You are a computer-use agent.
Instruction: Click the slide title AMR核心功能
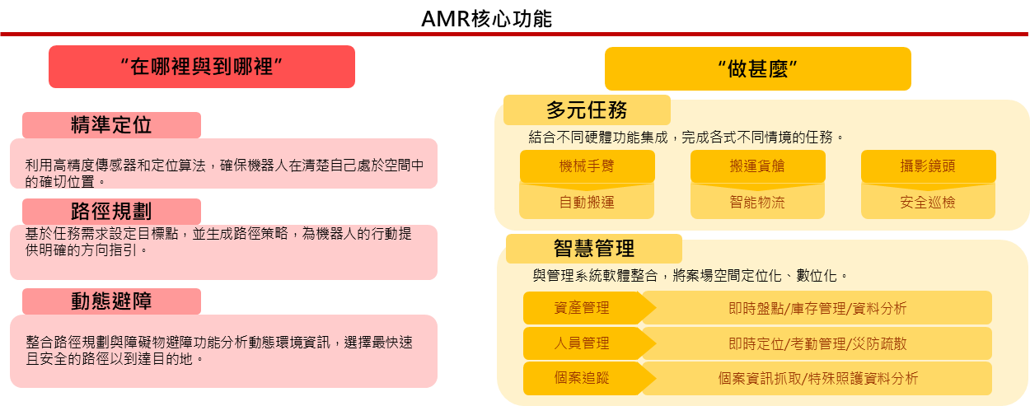click(x=486, y=17)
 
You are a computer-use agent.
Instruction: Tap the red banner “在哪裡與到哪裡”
click(x=202, y=68)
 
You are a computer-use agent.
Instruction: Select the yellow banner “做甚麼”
click(x=757, y=69)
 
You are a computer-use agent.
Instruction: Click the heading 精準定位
click(x=111, y=125)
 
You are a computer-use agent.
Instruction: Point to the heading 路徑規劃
click(x=111, y=211)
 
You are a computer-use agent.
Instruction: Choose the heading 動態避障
click(x=111, y=301)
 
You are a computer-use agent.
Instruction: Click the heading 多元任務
click(x=587, y=110)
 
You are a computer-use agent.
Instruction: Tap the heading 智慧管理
click(x=593, y=248)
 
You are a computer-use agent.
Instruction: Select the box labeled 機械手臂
click(x=587, y=166)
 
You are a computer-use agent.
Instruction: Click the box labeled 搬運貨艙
click(x=757, y=166)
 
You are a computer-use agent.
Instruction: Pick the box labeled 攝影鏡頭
click(x=928, y=166)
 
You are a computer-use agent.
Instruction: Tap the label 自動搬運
click(x=587, y=202)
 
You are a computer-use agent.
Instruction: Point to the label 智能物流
click(x=757, y=202)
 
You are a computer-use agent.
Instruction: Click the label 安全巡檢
click(x=928, y=202)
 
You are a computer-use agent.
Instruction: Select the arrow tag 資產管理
click(x=583, y=308)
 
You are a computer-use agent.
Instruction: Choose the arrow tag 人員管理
click(x=583, y=343)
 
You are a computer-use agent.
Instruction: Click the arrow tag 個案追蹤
click(x=583, y=379)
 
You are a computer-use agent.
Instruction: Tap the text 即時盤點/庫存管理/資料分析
click(x=817, y=308)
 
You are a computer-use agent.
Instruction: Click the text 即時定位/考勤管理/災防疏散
click(x=817, y=343)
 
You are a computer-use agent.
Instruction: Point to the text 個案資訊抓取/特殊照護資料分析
click(x=817, y=379)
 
